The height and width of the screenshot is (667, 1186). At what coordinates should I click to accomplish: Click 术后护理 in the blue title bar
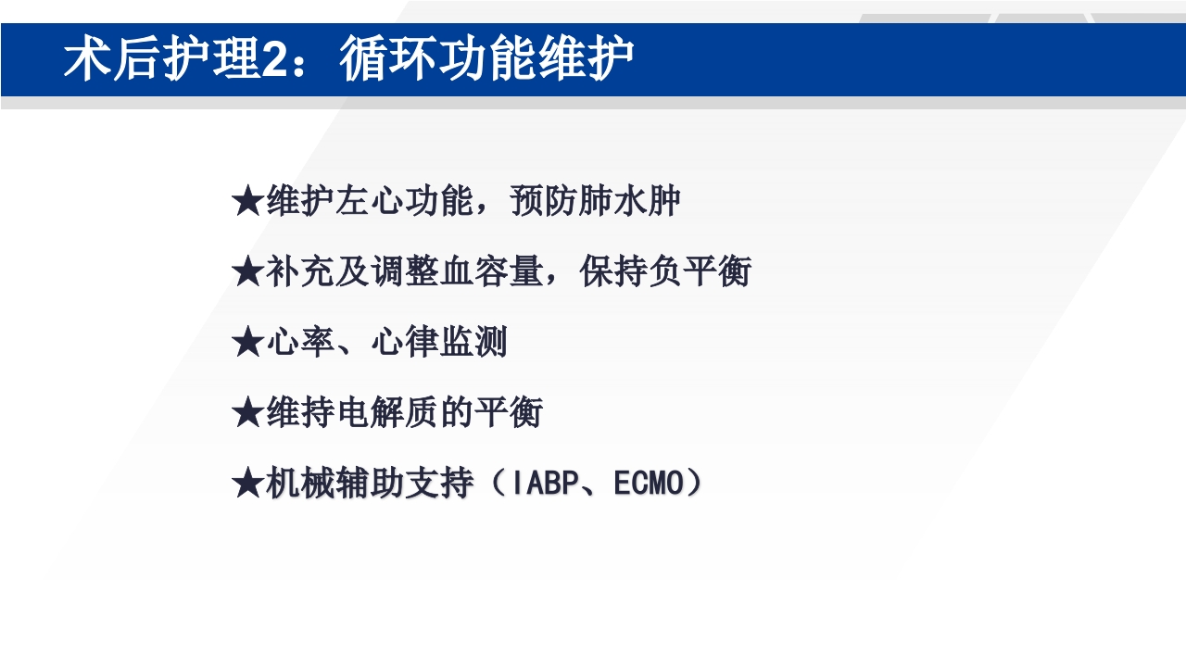click(x=161, y=60)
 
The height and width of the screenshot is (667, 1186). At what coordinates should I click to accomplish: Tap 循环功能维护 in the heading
click(x=486, y=60)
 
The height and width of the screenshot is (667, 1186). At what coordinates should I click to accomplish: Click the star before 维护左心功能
click(x=248, y=202)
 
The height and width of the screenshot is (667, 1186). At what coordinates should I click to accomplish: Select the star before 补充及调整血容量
click(x=248, y=272)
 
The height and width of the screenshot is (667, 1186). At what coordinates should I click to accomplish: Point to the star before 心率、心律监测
click(x=248, y=343)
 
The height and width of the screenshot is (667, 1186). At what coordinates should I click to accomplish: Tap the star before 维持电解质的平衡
click(x=248, y=413)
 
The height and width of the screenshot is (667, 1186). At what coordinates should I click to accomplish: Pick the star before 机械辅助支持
click(x=248, y=484)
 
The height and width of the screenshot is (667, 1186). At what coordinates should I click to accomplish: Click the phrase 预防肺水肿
click(x=596, y=202)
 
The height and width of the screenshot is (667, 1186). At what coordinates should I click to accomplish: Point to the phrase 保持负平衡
click(x=665, y=272)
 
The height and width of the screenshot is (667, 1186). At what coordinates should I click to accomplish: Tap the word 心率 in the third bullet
click(x=300, y=343)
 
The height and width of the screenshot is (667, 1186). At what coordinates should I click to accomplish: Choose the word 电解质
click(x=386, y=413)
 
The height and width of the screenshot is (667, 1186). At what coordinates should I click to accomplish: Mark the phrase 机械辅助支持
click(x=370, y=484)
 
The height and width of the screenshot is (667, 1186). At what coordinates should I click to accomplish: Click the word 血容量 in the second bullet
click(x=492, y=272)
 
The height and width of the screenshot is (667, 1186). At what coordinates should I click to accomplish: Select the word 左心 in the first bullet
click(x=370, y=202)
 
